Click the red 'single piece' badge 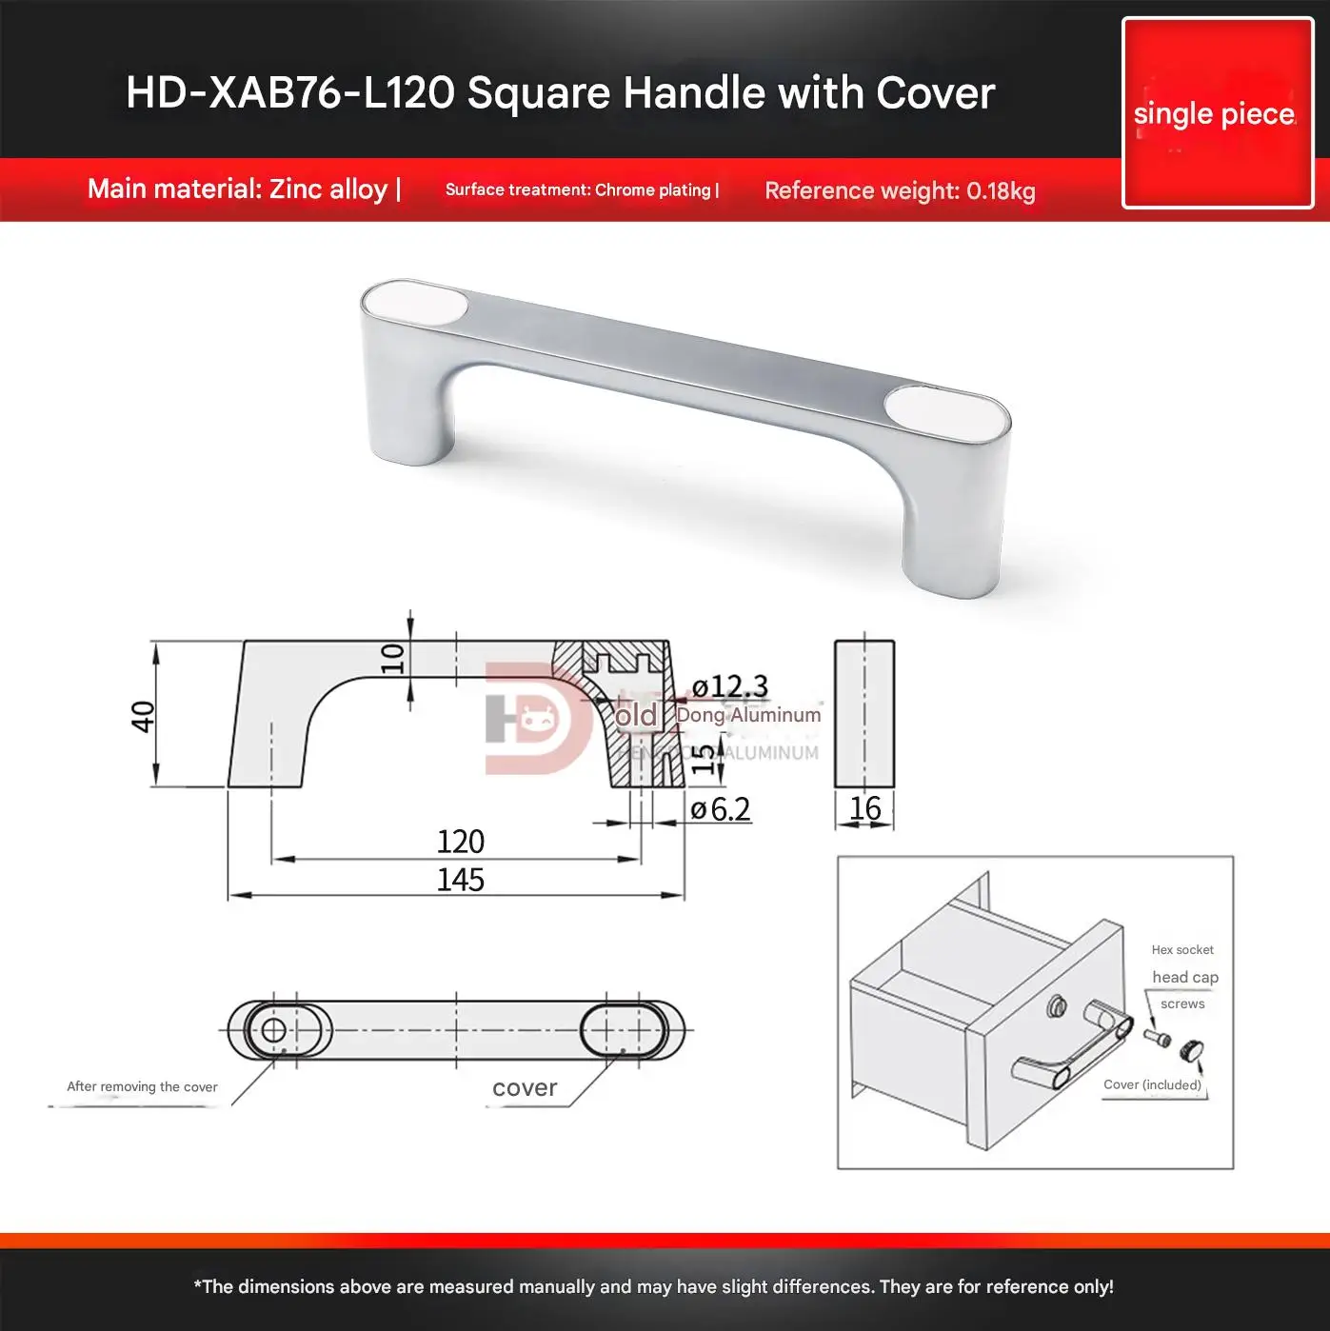pyautogui.click(x=1217, y=113)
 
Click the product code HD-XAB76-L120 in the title pyautogui.click(x=290, y=93)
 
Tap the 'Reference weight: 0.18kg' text pyautogui.click(x=899, y=190)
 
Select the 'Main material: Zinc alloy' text pyautogui.click(x=237, y=189)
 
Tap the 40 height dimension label pyautogui.click(x=143, y=715)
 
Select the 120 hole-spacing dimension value pyautogui.click(x=460, y=842)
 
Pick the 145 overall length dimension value pyautogui.click(x=460, y=880)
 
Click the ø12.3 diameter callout pyautogui.click(x=729, y=686)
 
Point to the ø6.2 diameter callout pyautogui.click(x=721, y=809)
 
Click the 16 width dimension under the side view pyautogui.click(x=864, y=808)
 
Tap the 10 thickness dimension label pyautogui.click(x=392, y=658)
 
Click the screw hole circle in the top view pyautogui.click(x=273, y=1030)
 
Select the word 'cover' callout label pyautogui.click(x=525, y=1088)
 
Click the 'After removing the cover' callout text pyautogui.click(x=142, y=1086)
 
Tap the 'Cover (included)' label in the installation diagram pyautogui.click(x=1152, y=1084)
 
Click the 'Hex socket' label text pyautogui.click(x=1182, y=949)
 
